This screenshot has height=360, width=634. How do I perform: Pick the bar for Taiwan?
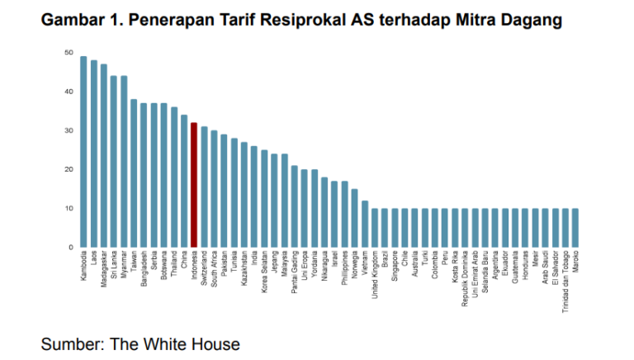coord(134,173)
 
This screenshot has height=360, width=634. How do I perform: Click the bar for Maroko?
coord(575,227)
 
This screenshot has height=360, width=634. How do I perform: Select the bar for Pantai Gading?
coord(295,206)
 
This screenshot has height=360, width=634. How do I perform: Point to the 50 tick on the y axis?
coord(69,53)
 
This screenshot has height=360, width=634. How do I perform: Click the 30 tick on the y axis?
coord(69,130)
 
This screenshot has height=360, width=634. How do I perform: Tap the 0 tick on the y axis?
coord(70,247)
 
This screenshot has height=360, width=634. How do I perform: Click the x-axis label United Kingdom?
coord(376,277)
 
